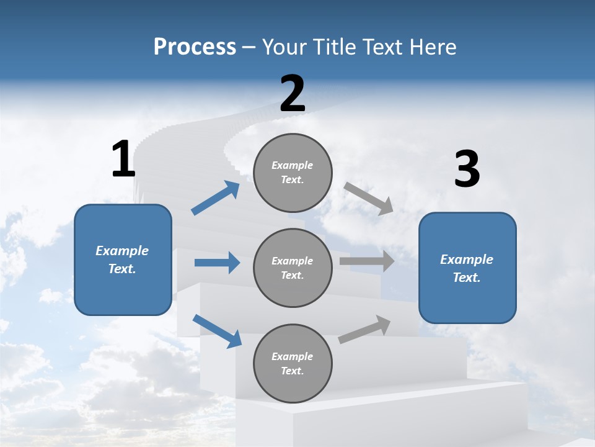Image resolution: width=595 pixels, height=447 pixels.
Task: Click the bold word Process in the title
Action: [195, 47]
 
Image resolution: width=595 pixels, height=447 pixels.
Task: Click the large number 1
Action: [123, 160]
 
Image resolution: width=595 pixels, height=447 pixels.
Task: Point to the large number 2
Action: [293, 94]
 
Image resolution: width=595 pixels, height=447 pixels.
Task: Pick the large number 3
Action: [467, 169]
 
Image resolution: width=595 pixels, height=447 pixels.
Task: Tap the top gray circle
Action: [293, 173]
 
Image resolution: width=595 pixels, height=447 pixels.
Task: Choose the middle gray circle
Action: [293, 268]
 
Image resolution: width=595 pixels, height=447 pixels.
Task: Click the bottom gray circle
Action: [293, 363]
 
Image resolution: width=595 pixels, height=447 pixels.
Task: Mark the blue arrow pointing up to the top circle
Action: [215, 198]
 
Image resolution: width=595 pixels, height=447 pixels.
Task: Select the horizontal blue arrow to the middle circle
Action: [217, 263]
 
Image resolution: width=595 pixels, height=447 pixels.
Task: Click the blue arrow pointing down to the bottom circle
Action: [217, 331]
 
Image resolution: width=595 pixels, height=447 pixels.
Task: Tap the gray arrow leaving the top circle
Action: [368, 198]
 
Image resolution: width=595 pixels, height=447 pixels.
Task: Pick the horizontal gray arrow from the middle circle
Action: [367, 261]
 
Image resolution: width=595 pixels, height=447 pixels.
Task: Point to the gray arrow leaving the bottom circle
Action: [364, 329]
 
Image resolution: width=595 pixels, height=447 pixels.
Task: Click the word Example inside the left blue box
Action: [122, 251]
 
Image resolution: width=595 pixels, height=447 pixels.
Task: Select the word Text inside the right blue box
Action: [466, 278]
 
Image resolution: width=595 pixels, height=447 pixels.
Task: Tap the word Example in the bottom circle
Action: [293, 356]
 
